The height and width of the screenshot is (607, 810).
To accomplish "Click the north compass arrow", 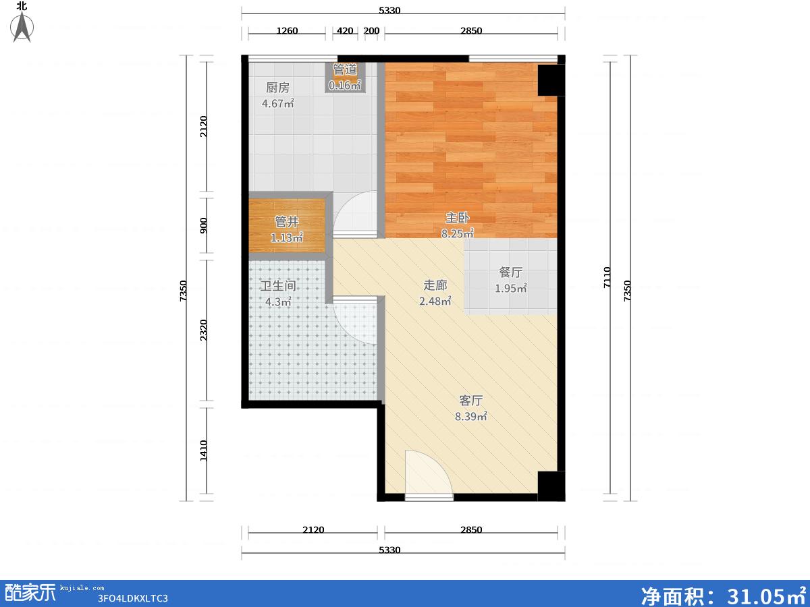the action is click(x=22, y=27).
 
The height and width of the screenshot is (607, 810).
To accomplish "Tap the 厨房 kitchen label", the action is click(x=278, y=88).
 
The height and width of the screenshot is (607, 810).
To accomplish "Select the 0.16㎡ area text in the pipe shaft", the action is click(x=345, y=86).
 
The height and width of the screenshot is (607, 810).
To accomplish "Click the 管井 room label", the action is click(x=287, y=222).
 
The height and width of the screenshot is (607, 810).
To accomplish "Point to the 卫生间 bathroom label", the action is click(x=278, y=286).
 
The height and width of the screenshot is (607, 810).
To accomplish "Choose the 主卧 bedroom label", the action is click(x=457, y=218).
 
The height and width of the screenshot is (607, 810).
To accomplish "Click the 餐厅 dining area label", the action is click(x=511, y=272).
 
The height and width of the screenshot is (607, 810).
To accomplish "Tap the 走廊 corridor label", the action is click(x=435, y=285).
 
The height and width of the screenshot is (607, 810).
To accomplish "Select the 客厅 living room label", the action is click(x=471, y=401).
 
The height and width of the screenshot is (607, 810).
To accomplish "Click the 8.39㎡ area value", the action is click(x=471, y=417).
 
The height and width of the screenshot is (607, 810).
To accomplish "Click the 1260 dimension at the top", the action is click(x=287, y=30).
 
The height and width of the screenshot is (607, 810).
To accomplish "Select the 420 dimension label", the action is click(x=345, y=30).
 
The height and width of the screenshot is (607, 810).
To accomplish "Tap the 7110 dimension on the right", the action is click(x=607, y=277).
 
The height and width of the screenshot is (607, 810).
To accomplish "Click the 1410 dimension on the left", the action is click(x=203, y=451).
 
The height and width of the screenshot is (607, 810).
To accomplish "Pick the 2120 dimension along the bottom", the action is click(x=313, y=530).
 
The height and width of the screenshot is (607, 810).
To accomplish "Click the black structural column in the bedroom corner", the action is click(x=551, y=80).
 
